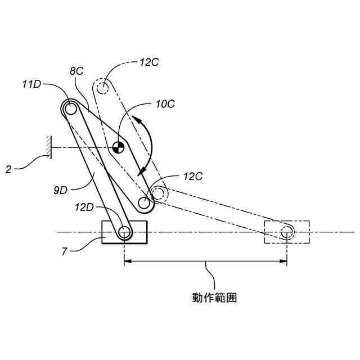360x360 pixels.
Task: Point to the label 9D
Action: tap(61, 190)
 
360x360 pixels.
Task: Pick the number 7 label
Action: tap(65, 251)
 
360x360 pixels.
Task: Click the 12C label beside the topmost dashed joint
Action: tap(149, 61)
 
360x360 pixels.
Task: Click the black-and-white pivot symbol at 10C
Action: tap(118, 147)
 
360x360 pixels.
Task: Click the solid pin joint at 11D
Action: tap(70, 107)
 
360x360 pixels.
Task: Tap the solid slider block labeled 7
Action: tap(124, 231)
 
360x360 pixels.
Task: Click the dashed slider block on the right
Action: tap(287, 232)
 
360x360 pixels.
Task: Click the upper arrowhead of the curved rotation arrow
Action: tap(137, 119)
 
